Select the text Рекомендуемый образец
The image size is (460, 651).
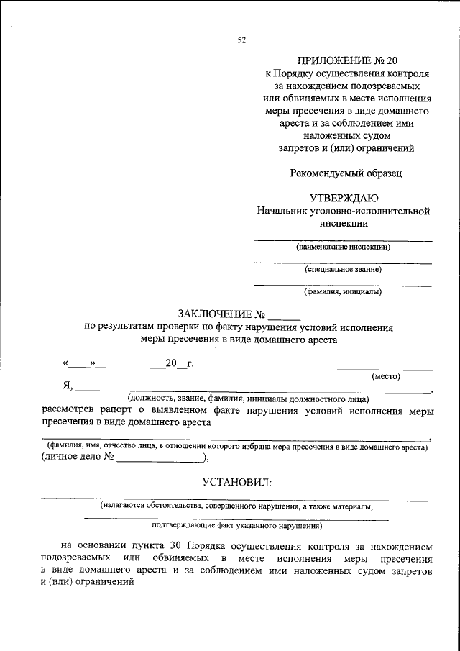(x=345, y=173)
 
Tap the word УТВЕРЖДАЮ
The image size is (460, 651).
(x=345, y=198)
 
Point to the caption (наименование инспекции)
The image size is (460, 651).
(x=343, y=247)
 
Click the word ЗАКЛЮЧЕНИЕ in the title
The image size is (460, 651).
(x=215, y=314)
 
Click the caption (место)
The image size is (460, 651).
(x=386, y=375)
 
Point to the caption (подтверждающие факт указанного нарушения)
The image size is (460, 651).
(x=236, y=526)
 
